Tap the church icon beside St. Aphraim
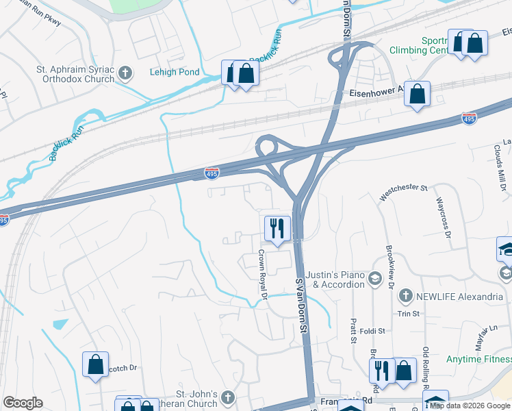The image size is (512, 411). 125,72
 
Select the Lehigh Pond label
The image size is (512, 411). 175,72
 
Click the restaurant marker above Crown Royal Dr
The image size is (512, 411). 277,228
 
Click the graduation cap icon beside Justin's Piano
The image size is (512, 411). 374,278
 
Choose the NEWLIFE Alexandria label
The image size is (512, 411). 452,296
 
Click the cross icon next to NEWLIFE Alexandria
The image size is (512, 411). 405,296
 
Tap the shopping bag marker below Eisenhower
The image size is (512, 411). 417,94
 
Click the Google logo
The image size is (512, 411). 23,403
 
